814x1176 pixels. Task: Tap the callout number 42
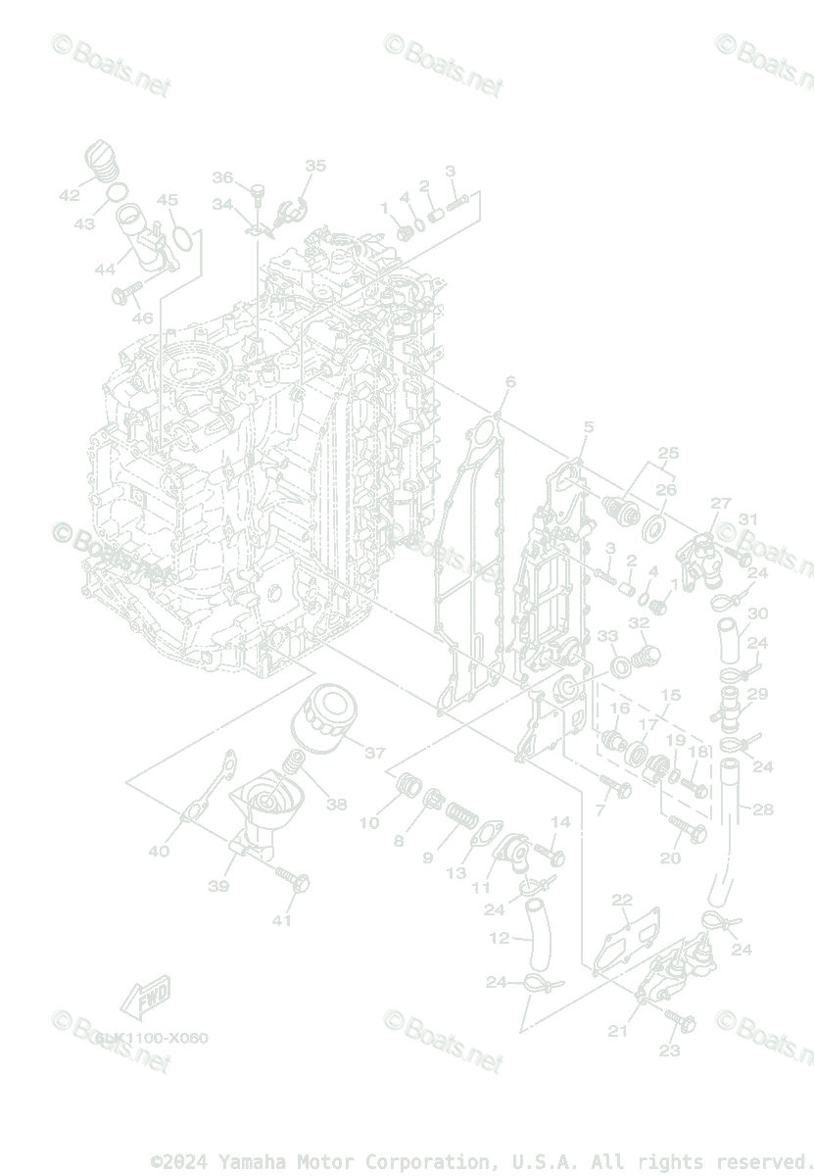coord(69,195)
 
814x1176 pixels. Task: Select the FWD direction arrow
coord(145,999)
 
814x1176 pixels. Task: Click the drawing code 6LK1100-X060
coord(152,1038)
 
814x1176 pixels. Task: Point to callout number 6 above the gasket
coord(510,380)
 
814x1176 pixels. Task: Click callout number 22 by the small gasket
coord(623,900)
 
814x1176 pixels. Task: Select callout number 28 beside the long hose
coord(763,809)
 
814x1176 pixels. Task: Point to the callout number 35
coord(314,166)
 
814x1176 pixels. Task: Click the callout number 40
coord(159,851)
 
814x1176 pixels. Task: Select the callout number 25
coord(668,453)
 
